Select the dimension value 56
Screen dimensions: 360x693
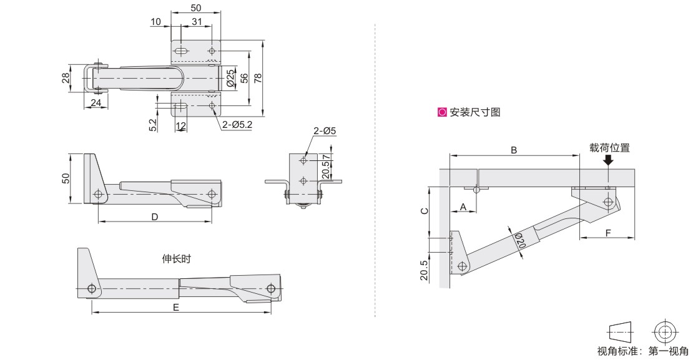pos(245,78)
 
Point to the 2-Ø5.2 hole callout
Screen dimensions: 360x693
pos(237,124)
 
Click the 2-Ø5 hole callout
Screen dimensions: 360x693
pos(325,131)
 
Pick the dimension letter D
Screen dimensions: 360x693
pos(154,216)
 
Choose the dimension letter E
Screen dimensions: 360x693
pos(176,308)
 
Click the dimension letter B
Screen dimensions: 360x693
pos(514,150)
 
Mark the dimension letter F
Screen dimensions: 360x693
pos(607,232)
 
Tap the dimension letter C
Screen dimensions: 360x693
pos(424,211)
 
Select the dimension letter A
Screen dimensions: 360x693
pos(463,206)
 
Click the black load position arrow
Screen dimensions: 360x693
pos(608,160)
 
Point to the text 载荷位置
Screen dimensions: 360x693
pos(609,148)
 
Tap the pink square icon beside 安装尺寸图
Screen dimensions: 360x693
pos(443,113)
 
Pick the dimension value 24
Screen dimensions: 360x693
pos(96,103)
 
